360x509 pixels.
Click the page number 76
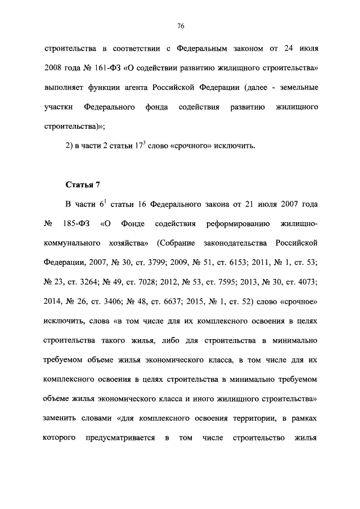[180, 26]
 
